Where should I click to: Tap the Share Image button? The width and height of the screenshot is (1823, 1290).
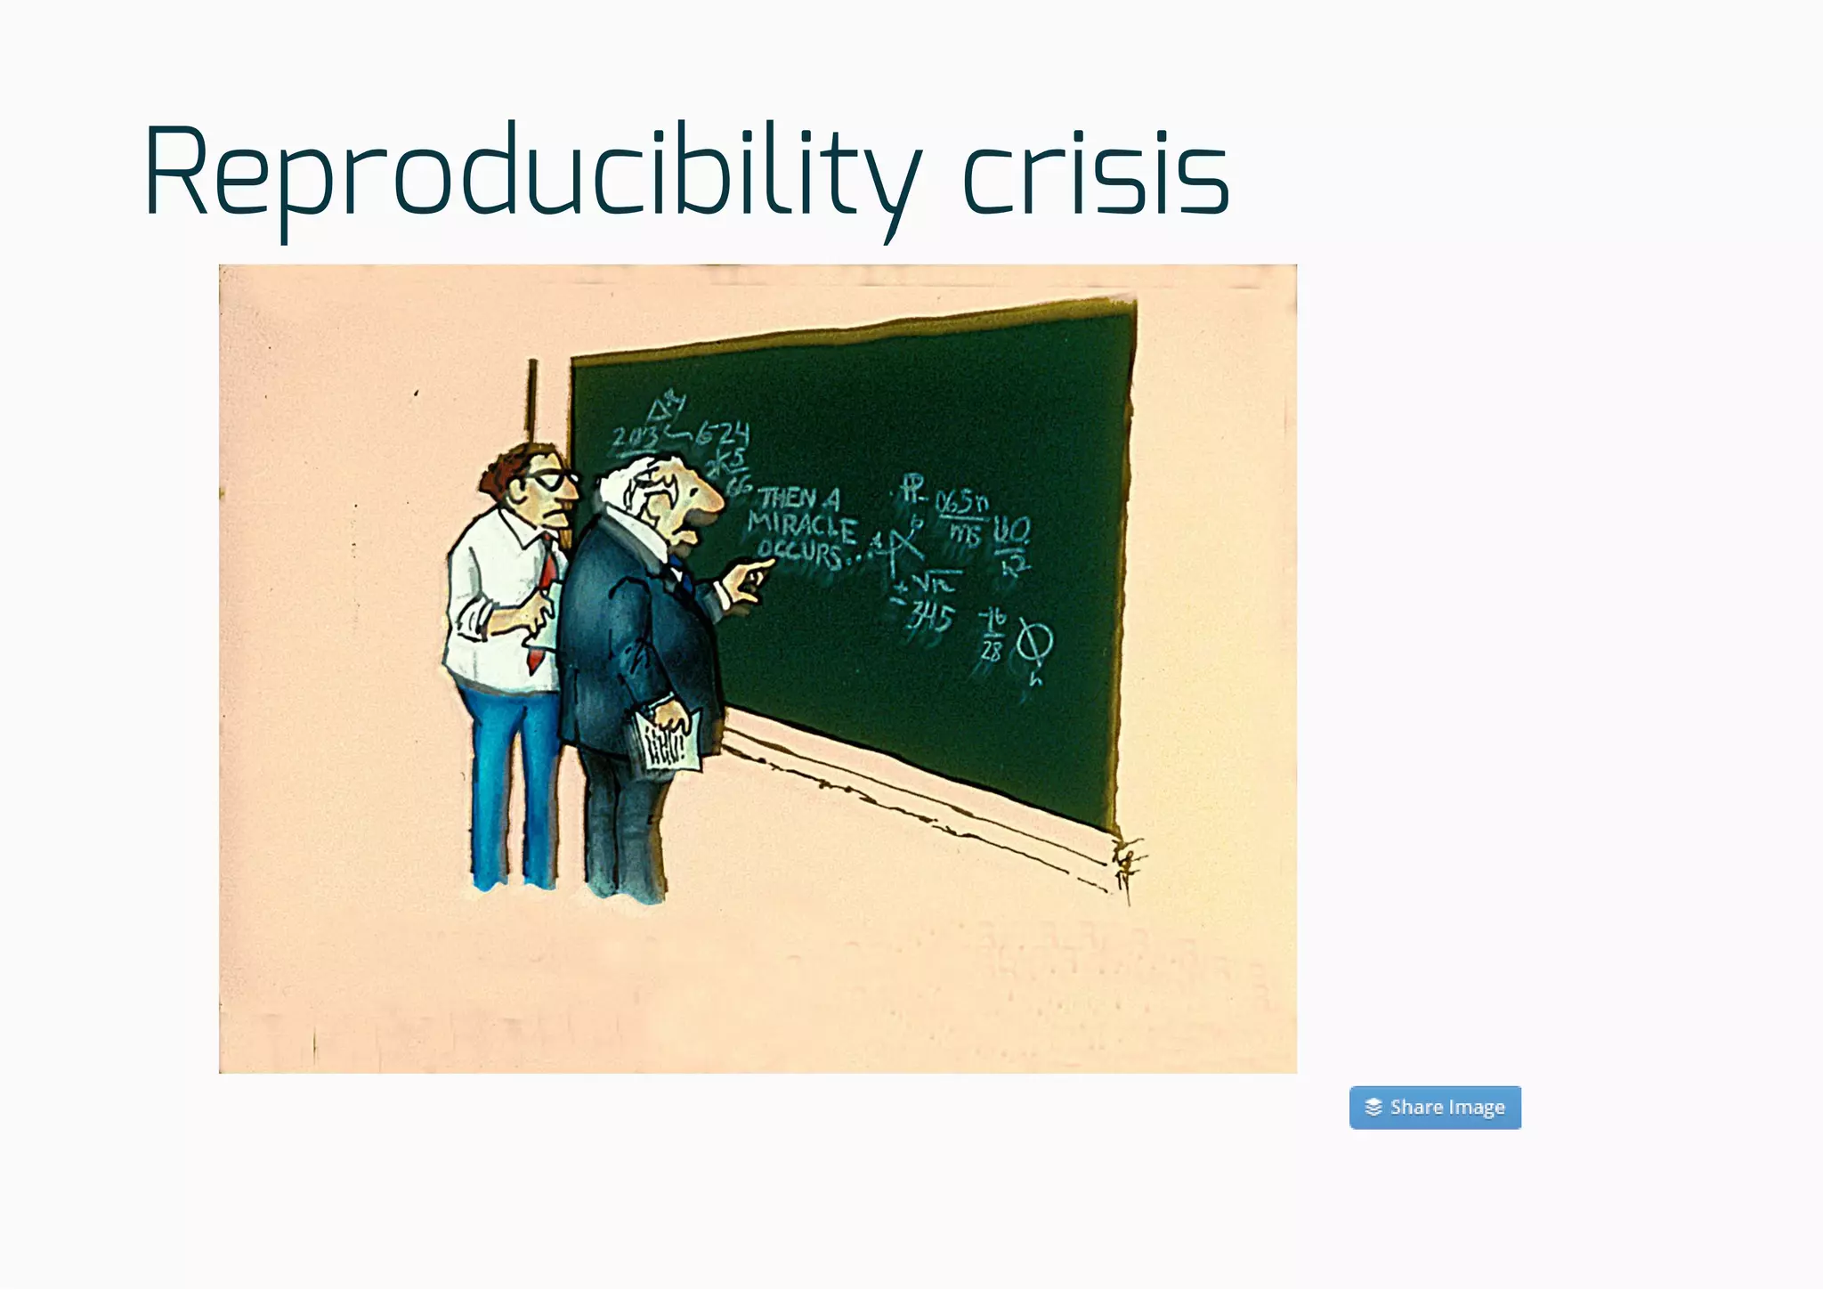[1434, 1107]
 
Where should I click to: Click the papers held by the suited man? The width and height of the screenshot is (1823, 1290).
[668, 739]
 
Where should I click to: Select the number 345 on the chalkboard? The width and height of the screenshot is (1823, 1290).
[930, 617]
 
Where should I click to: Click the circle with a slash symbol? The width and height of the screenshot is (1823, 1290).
[1034, 642]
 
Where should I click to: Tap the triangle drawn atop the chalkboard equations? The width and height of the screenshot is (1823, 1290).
[663, 410]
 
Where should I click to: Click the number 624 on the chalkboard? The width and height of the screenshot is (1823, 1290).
[723, 434]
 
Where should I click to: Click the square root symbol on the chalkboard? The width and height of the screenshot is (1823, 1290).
[935, 583]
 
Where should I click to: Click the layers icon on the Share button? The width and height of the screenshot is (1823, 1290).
[1373, 1107]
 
